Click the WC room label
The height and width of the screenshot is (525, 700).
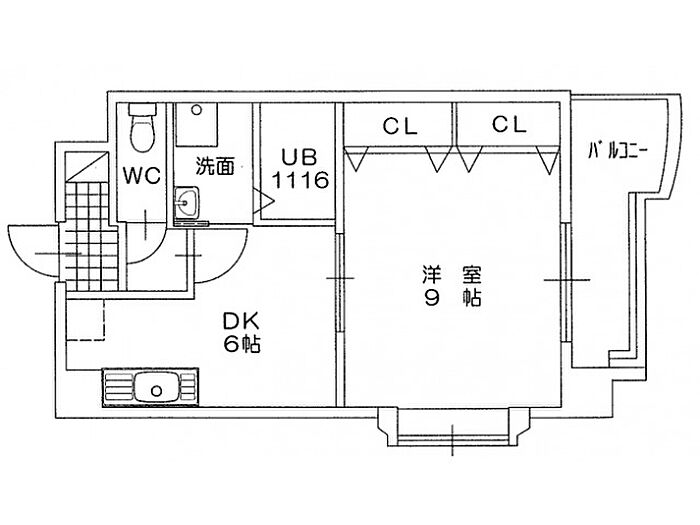tap(142, 176)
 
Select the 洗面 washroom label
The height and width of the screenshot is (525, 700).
tap(214, 166)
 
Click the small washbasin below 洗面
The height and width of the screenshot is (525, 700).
tap(185, 204)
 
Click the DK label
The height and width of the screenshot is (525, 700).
tap(241, 322)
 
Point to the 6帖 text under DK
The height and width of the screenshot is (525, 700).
tap(241, 346)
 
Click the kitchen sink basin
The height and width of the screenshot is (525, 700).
tap(155, 385)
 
